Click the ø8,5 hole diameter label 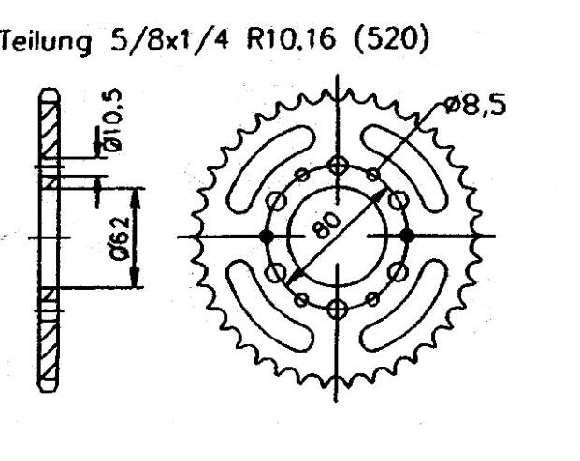[474, 105]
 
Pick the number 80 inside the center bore [329, 226]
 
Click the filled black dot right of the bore [406, 235]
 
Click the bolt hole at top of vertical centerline [338, 166]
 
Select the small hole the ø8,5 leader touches [373, 175]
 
